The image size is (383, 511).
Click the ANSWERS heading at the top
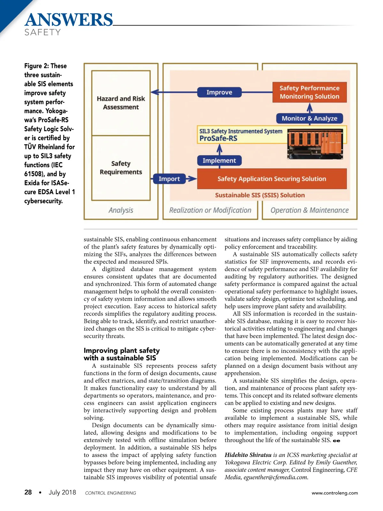click(69, 20)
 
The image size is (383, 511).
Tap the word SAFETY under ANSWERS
click(42, 32)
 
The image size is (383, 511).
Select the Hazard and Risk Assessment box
click(121, 103)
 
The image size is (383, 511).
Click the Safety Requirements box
click(121, 168)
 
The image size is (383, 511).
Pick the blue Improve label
click(219, 92)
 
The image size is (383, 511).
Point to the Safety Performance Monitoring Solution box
click(309, 92)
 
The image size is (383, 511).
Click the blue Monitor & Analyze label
click(309, 118)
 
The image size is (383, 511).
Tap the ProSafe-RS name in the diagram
click(218, 138)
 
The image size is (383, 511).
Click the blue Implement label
click(219, 161)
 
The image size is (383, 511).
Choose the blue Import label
click(169, 179)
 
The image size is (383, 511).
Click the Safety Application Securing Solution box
click(272, 179)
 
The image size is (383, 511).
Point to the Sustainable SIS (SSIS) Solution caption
click(260, 195)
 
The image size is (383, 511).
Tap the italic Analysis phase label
click(121, 210)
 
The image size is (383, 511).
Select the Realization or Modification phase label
click(210, 210)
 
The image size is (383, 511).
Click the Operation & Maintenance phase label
click(309, 210)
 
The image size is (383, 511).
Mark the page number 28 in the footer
click(28, 492)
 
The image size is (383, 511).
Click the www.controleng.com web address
click(334, 493)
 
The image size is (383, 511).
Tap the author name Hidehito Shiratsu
click(248, 455)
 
